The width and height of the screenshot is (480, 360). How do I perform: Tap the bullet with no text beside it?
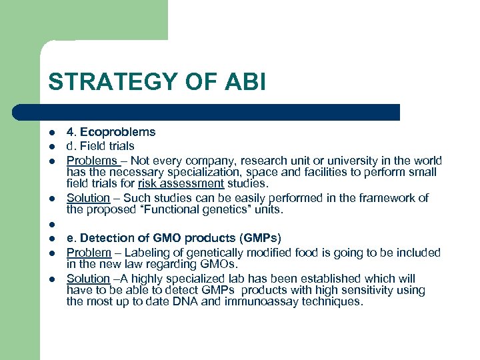(x=51, y=225)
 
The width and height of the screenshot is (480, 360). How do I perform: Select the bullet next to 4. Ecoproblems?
(x=51, y=132)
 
